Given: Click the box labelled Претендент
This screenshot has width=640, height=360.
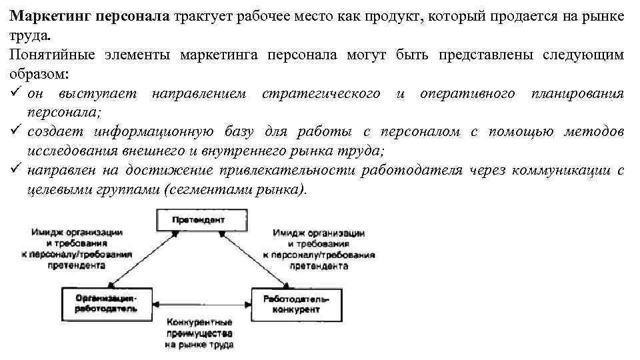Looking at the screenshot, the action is tap(198, 219).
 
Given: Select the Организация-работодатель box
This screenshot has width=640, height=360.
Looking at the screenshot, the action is tap(106, 303).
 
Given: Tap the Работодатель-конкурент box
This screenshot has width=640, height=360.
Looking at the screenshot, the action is tap(291, 303).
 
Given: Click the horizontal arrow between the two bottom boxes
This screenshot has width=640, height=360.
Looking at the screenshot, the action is tap(201, 303).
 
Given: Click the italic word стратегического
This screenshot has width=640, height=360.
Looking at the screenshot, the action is tap(321, 93).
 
